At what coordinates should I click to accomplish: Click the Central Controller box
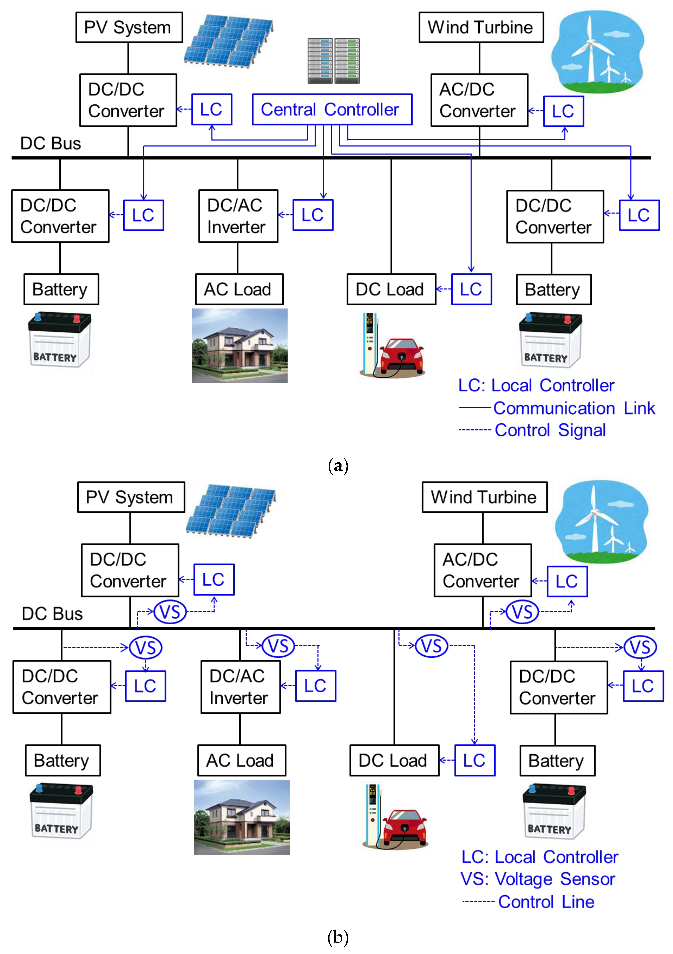(x=332, y=109)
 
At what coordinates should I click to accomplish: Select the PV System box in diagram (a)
(x=129, y=27)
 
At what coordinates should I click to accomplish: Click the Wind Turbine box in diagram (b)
(x=484, y=497)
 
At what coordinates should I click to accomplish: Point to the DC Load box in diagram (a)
(x=391, y=289)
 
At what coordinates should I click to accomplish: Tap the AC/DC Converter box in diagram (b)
(x=482, y=570)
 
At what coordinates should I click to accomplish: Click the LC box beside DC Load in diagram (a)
(x=471, y=289)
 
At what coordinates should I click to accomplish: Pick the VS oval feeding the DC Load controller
(x=431, y=646)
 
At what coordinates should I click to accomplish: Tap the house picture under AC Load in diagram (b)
(x=242, y=817)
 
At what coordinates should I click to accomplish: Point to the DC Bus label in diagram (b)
(x=52, y=614)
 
